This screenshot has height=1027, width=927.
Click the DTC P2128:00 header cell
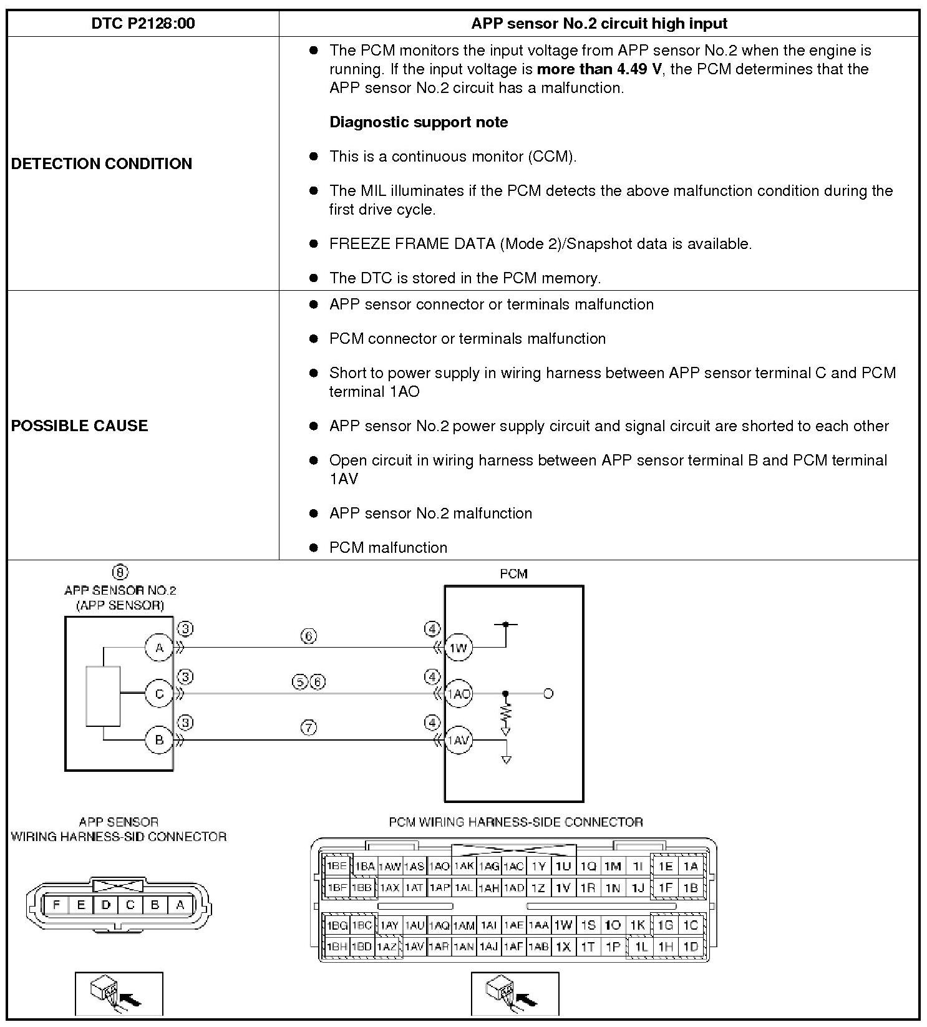pos(143,24)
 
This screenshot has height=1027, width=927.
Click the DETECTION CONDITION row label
pos(102,163)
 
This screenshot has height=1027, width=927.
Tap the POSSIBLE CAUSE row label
pos(80,426)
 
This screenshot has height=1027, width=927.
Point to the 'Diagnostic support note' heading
pos(419,122)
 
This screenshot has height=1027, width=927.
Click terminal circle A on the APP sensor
pos(159,648)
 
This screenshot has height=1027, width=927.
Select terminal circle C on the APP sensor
pos(159,694)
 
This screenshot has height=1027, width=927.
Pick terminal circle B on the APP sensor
pos(159,740)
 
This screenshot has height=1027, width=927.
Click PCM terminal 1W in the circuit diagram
pos(459,648)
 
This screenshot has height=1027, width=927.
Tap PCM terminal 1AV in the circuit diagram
pos(459,741)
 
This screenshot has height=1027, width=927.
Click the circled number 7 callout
pos(309,728)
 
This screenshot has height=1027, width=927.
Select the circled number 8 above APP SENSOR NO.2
pos(120,572)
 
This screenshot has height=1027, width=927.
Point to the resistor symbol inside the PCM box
pos(505,712)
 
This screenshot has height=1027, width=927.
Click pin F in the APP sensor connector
pos(57,905)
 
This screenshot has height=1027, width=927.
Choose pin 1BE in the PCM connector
pos(337,866)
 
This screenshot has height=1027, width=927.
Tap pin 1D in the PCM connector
pos(690,947)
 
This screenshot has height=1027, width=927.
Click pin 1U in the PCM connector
pos(563,866)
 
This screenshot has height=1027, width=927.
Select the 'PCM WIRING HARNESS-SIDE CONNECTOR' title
pos(515,822)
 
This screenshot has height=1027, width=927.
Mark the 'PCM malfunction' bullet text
pos(388,548)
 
